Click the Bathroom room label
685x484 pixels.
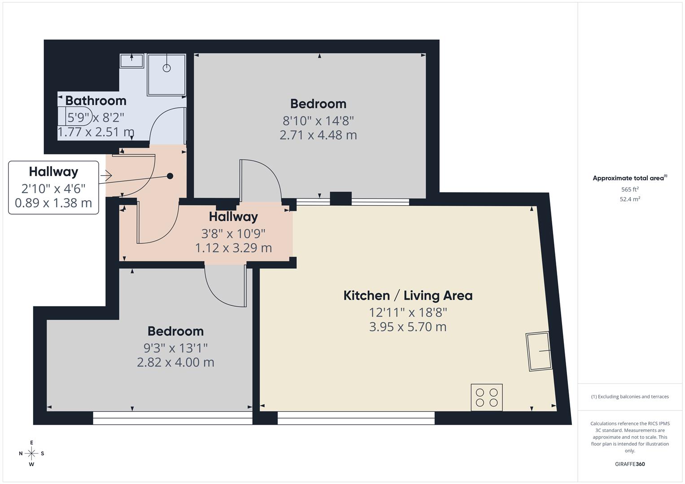[x=96, y=100]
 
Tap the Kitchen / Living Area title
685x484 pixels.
[x=408, y=296]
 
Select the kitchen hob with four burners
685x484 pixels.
[x=487, y=397]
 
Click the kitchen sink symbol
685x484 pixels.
[x=539, y=351]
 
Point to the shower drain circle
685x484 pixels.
[x=167, y=68]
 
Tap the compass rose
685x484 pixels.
[x=31, y=453]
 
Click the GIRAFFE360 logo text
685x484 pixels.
[x=629, y=464]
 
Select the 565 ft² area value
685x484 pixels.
[x=630, y=190]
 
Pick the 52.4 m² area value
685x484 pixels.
[x=630, y=199]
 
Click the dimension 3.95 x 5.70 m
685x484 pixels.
[x=408, y=327]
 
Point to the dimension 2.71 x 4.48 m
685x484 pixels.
[x=318, y=135]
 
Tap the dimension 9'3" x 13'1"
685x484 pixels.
[x=175, y=348]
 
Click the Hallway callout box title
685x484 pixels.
[x=53, y=172]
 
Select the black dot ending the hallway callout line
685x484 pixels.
[x=170, y=176]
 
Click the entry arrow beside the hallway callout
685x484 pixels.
[x=106, y=176]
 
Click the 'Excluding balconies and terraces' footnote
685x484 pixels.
[x=630, y=397]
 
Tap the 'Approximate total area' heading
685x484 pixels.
[x=628, y=178]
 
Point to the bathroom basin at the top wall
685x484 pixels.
[x=132, y=61]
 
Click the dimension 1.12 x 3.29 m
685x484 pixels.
[x=233, y=248]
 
